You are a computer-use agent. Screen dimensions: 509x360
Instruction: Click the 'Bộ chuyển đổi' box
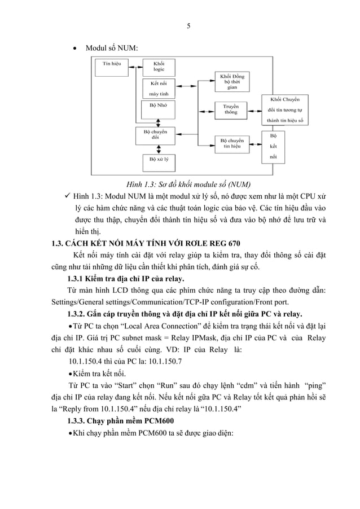pos(159,135)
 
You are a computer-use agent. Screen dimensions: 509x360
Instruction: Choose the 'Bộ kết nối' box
pos(274,146)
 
